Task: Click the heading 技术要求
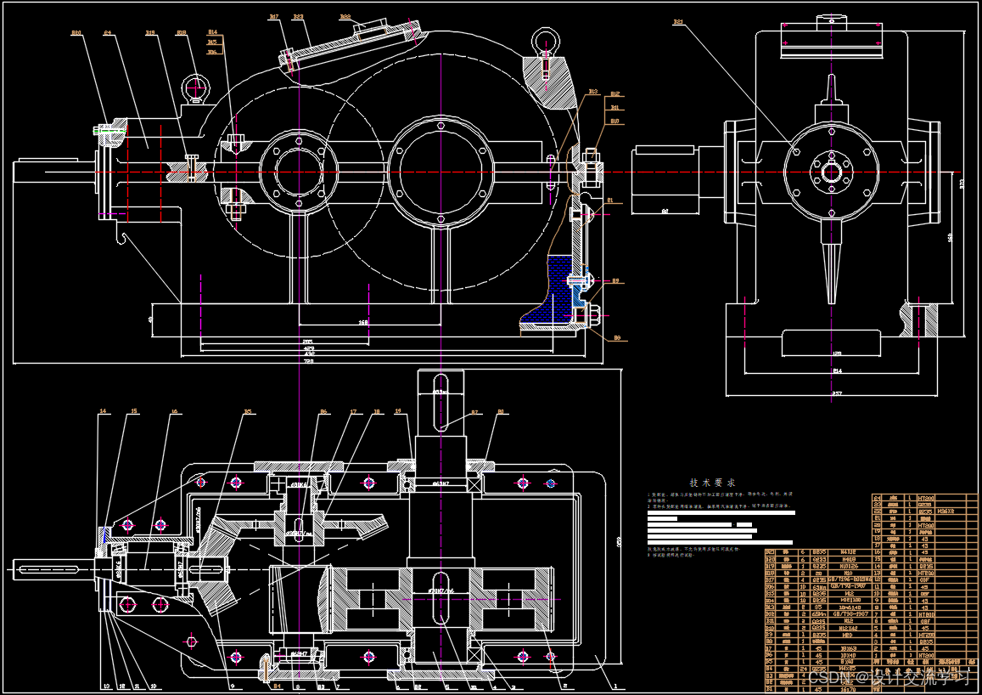(712, 483)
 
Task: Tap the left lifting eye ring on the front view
(197, 88)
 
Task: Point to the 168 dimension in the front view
(363, 323)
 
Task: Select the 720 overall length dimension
(307, 361)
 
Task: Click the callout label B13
(592, 92)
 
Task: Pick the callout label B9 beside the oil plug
(615, 280)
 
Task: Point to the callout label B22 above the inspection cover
(345, 16)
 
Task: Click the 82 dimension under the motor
(665, 209)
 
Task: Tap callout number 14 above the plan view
(103, 412)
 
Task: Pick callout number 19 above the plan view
(397, 412)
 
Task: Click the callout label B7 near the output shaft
(475, 413)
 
